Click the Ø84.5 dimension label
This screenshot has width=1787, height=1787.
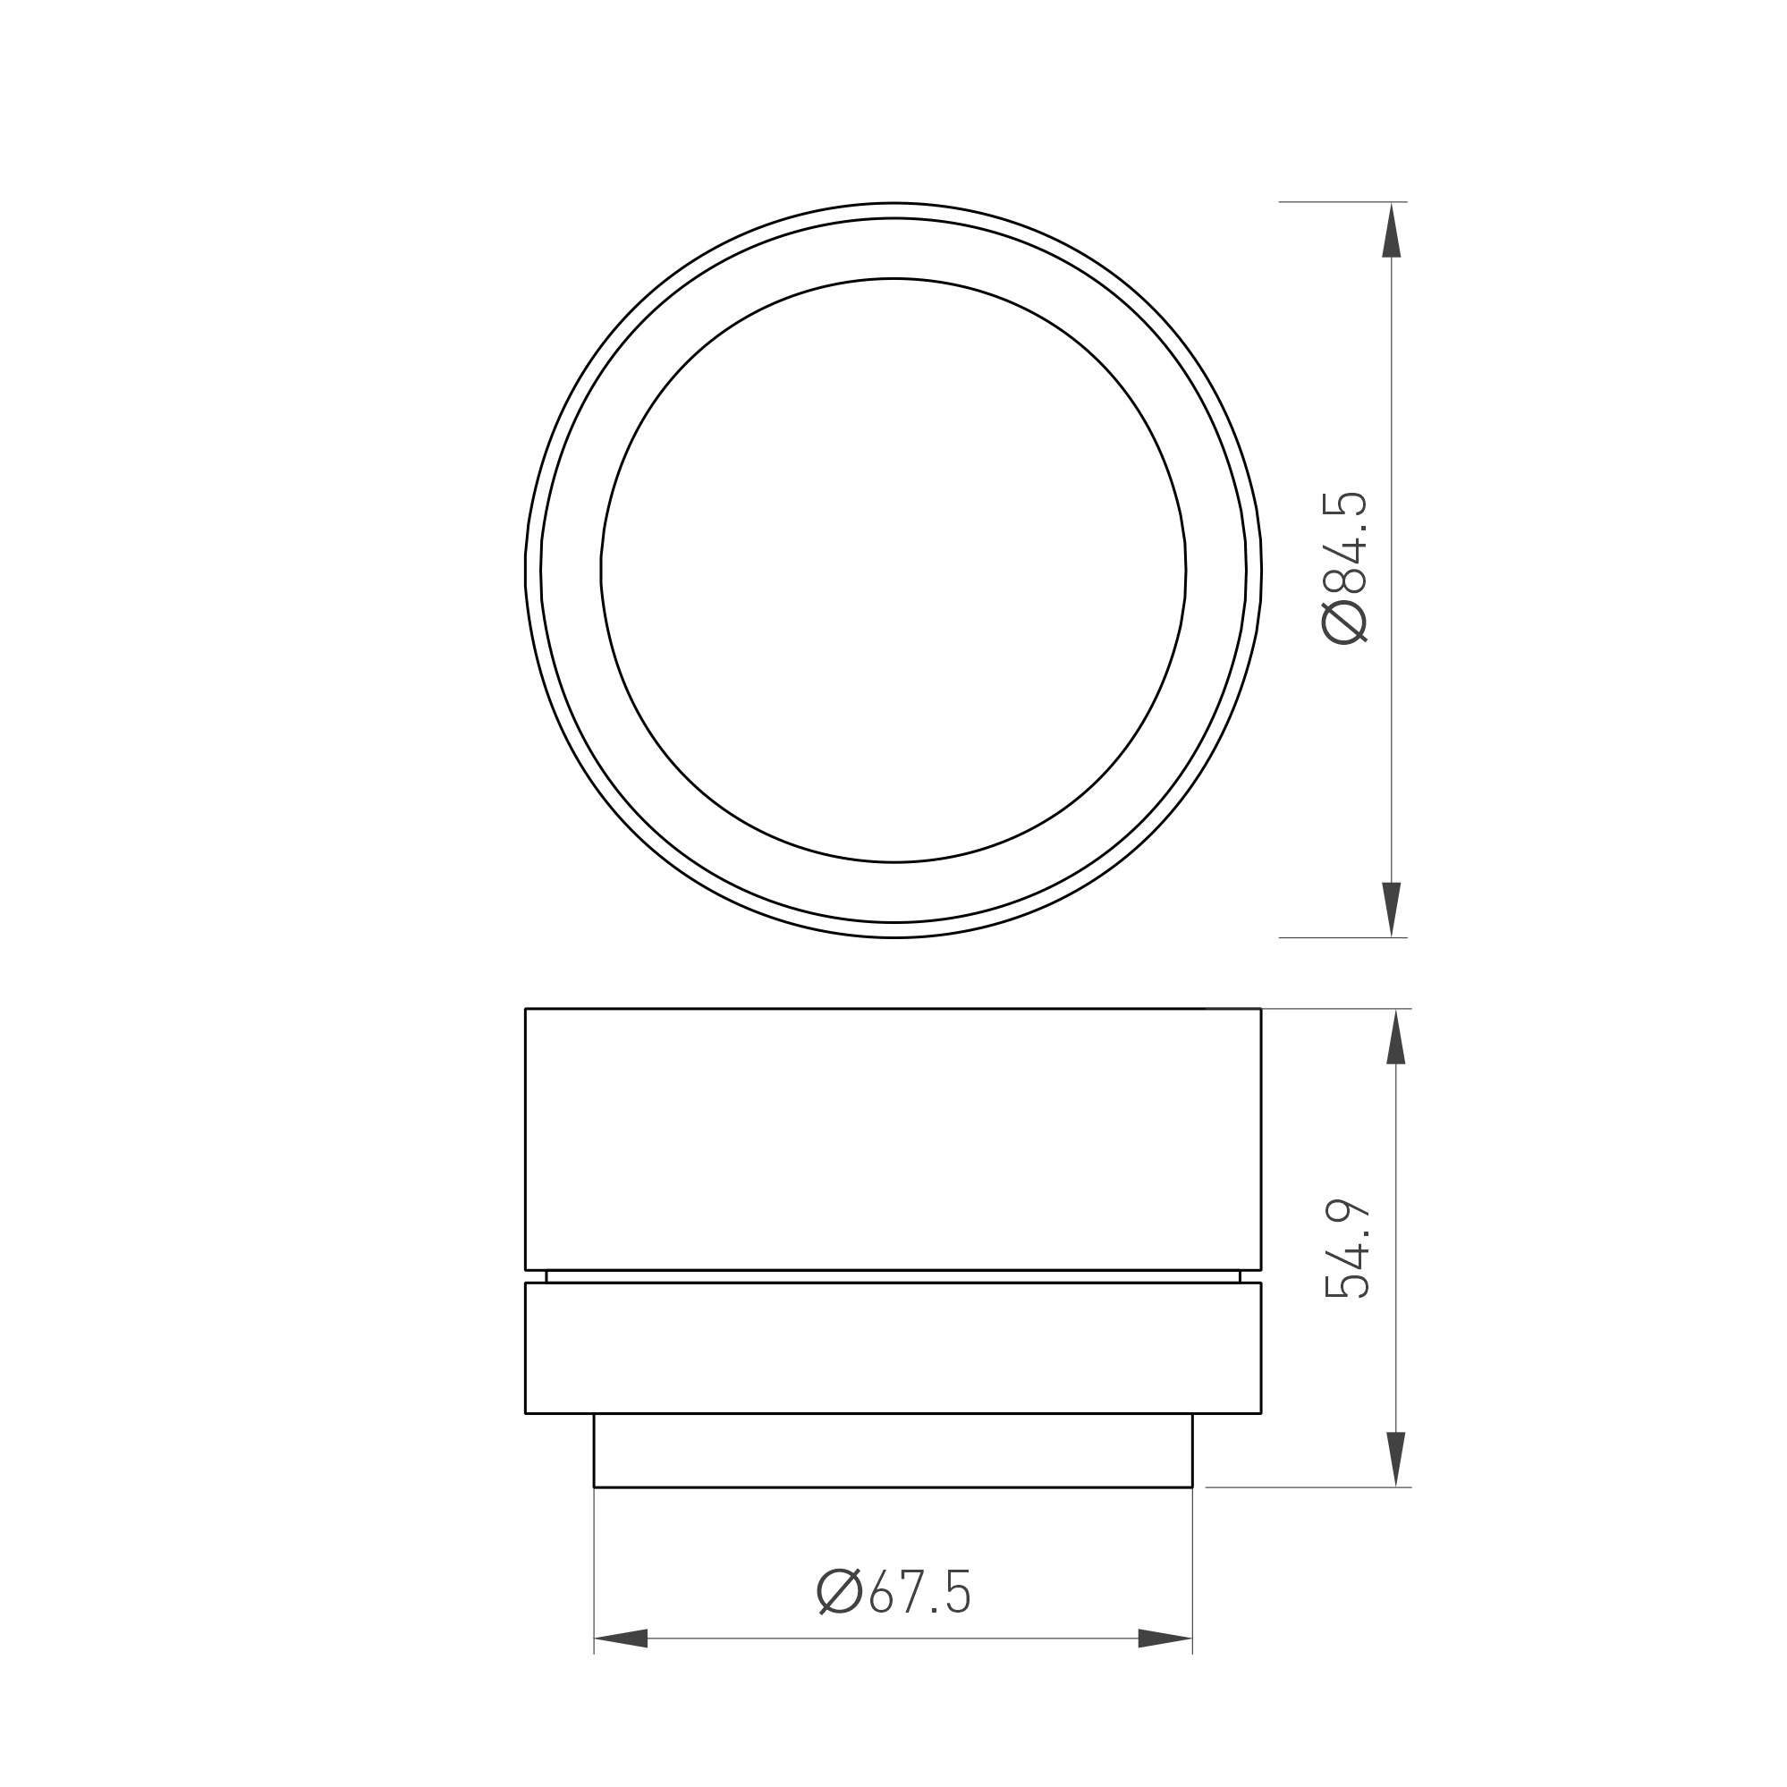tap(1345, 568)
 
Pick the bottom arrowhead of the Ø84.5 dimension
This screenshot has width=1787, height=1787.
tap(1391, 910)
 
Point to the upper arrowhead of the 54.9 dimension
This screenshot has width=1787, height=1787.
tap(1396, 1036)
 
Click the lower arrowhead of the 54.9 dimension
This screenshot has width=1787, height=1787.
tap(1396, 1460)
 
